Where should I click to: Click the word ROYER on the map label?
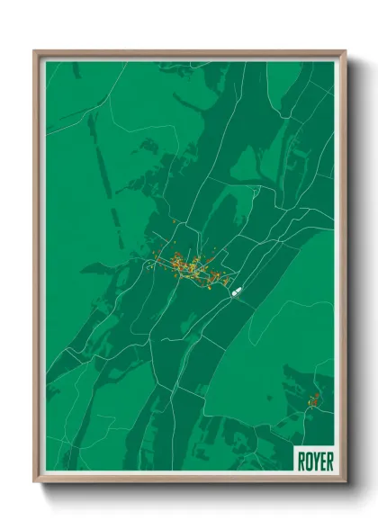(x=314, y=461)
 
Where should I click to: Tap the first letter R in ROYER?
(x=301, y=461)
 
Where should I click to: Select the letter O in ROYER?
(x=308, y=461)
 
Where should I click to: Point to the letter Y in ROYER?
(x=315, y=461)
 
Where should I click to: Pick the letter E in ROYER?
(x=321, y=461)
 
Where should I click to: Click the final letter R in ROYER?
(x=328, y=461)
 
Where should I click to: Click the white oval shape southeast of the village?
(x=238, y=291)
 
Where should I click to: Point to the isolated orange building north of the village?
(x=175, y=220)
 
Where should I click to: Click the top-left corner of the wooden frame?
(x=35, y=52)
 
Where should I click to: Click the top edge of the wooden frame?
(x=189, y=52)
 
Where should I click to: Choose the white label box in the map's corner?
(x=314, y=460)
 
